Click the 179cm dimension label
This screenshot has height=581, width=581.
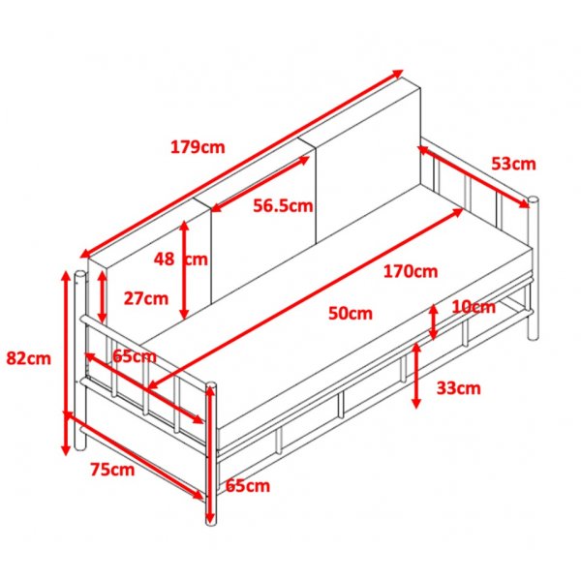click(198, 147)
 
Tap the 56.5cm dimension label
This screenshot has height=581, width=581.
click(283, 205)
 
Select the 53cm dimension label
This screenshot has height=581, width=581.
click(513, 164)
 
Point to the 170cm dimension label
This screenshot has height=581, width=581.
click(411, 271)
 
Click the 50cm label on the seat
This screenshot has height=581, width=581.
click(351, 314)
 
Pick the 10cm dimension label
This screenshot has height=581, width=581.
click(474, 307)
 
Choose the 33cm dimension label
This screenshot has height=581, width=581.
click(458, 388)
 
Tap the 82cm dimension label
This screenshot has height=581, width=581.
click(28, 358)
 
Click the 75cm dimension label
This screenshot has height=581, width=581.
click(112, 470)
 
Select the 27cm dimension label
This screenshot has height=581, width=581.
click(145, 298)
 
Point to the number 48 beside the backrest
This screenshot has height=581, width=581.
click(165, 260)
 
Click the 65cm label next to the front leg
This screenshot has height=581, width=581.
click(248, 486)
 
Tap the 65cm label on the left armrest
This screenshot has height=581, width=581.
click(135, 356)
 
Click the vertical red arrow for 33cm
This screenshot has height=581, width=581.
click(416, 376)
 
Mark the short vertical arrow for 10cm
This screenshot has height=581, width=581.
click(433, 322)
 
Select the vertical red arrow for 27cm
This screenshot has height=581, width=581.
click(103, 296)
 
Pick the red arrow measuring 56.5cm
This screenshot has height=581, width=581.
click(260, 184)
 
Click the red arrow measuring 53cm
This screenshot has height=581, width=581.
click(474, 176)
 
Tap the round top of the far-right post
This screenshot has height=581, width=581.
click(534, 199)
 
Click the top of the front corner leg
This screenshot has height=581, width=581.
click(211, 384)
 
